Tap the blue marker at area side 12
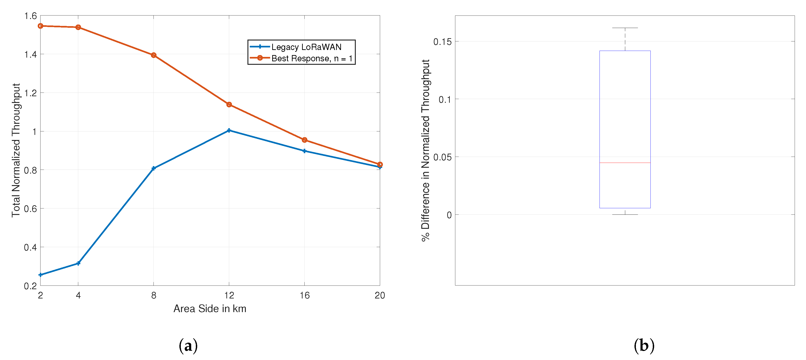(x=229, y=130)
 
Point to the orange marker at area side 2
(x=40, y=26)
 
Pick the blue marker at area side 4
(x=78, y=263)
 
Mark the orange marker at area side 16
(x=304, y=140)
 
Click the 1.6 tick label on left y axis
(x=30, y=16)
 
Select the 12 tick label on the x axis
(x=229, y=295)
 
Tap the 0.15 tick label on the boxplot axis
(x=442, y=42)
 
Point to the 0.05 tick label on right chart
(x=442, y=157)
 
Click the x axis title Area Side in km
(x=210, y=309)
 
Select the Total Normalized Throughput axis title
(x=16, y=150)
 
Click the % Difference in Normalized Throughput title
(x=425, y=150)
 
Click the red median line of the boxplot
(x=625, y=163)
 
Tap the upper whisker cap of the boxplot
(x=625, y=28)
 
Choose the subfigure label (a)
(x=188, y=346)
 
